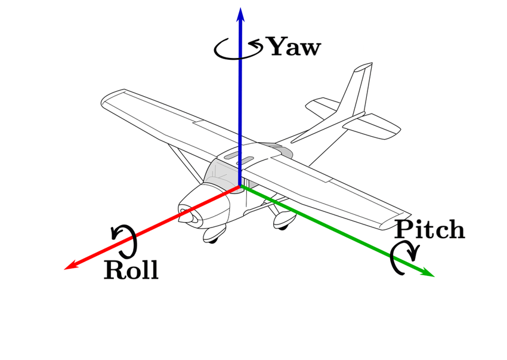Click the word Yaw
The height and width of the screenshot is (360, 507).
click(293, 47)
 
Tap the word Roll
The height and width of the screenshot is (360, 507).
click(131, 270)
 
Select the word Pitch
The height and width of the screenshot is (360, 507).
click(429, 230)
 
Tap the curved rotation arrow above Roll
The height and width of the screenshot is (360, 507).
click(126, 240)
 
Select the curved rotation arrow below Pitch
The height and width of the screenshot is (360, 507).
click(403, 258)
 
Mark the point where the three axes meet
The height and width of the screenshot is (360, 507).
click(240, 186)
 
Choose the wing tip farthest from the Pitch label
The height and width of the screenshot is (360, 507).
click(110, 99)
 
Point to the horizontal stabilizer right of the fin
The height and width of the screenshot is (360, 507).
click(376, 125)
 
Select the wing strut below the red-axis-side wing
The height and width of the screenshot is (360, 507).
click(183, 161)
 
